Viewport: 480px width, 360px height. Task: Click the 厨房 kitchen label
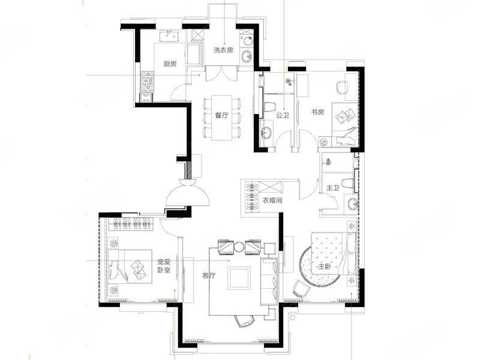point(170,64)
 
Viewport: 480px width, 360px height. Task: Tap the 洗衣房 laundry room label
point(223,50)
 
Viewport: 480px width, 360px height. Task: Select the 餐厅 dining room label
point(221,116)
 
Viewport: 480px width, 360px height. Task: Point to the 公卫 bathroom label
point(282,115)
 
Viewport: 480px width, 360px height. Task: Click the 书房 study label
point(317,112)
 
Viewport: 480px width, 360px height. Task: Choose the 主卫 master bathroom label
point(333,188)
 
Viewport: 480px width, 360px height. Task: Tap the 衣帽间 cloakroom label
point(272,201)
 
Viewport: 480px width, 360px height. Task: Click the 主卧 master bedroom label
point(325,266)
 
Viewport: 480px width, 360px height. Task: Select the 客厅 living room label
point(209,275)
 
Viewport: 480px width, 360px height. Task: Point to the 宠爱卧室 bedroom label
point(164,266)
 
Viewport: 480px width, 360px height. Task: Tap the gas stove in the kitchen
point(147,82)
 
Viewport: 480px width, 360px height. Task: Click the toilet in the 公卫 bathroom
point(269,107)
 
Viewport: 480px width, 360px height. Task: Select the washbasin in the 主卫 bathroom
point(352,204)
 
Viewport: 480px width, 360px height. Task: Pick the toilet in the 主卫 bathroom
point(349,185)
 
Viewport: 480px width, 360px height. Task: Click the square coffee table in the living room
point(239,278)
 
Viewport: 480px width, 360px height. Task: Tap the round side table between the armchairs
point(239,247)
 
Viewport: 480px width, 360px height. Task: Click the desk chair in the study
point(343,87)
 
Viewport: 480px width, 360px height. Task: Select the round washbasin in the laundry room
point(247,56)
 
